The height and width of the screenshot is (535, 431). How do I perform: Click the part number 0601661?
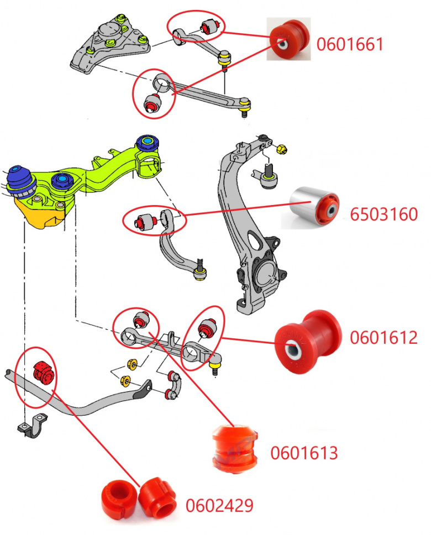(349, 44)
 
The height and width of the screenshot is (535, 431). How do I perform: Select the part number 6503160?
(383, 214)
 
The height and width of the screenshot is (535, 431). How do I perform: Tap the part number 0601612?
(383, 337)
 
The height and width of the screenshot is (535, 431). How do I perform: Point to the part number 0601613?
(303, 453)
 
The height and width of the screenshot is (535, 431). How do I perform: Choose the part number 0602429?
(219, 505)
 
